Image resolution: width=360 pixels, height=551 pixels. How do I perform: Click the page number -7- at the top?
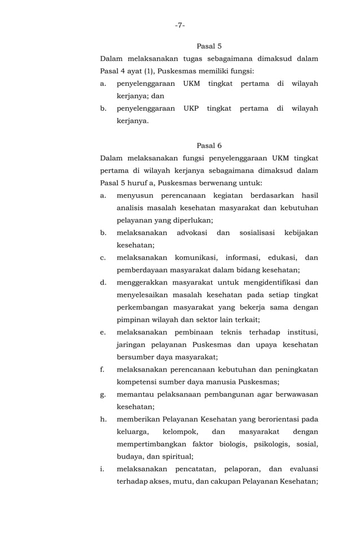point(179,25)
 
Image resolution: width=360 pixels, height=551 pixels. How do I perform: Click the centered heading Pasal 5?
point(209,46)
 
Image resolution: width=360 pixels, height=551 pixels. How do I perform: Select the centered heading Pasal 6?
point(209,146)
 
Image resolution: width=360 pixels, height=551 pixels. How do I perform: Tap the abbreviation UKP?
point(191,108)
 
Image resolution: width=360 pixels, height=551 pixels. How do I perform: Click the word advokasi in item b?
point(192,233)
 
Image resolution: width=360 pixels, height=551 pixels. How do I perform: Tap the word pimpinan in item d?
point(133,320)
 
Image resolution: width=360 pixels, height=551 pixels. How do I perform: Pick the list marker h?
point(103,419)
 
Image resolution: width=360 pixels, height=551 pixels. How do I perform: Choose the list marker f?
point(102,369)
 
